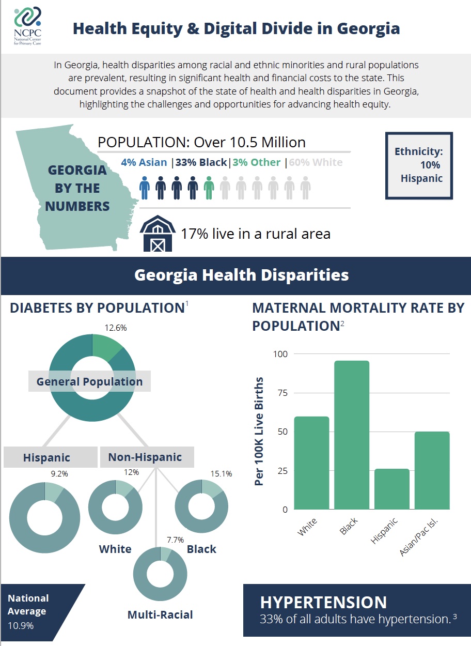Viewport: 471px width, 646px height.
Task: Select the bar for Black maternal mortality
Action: click(x=352, y=435)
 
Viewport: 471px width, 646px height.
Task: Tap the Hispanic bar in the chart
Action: click(x=391, y=489)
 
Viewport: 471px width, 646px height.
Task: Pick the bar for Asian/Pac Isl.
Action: click(x=432, y=470)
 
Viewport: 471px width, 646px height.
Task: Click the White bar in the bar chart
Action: click(x=311, y=463)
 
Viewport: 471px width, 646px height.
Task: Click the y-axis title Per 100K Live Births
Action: click(x=259, y=432)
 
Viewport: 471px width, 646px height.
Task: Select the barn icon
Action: click(x=157, y=234)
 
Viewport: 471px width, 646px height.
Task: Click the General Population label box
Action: click(x=89, y=382)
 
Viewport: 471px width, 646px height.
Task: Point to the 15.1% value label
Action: click(x=221, y=473)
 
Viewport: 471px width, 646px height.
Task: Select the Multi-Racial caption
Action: click(x=160, y=614)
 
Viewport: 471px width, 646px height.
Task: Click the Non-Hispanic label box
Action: click(x=145, y=457)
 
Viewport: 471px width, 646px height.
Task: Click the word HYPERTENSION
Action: click(x=323, y=603)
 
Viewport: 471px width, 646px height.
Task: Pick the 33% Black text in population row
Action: click(x=201, y=162)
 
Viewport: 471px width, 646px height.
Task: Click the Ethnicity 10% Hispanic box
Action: click(x=419, y=165)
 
